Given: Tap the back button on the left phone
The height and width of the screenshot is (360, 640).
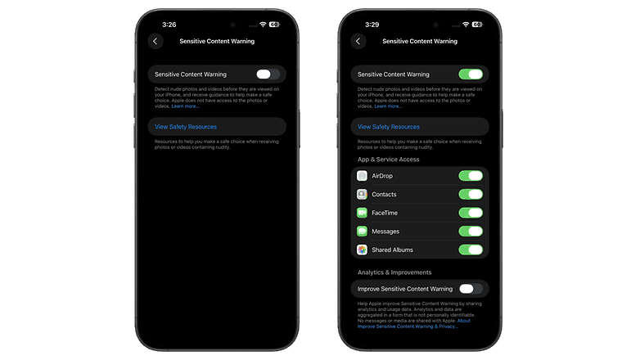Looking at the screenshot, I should pyautogui.click(x=155, y=41).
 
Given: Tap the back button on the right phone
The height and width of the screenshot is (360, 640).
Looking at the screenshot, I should pyautogui.click(x=358, y=41).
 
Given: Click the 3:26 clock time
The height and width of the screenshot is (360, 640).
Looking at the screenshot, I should pyautogui.click(x=169, y=25).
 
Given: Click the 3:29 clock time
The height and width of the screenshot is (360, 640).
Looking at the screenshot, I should pyautogui.click(x=372, y=25).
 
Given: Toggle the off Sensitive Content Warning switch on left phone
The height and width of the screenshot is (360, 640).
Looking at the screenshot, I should pyautogui.click(x=268, y=74).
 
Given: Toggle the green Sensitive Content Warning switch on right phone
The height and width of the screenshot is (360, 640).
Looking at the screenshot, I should pyautogui.click(x=471, y=74).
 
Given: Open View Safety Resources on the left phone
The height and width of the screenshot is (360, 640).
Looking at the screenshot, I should pyautogui.click(x=185, y=127).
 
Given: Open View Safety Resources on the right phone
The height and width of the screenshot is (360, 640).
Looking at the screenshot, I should pyautogui.click(x=389, y=127).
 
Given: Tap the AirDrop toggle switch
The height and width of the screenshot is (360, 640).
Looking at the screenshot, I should pyautogui.click(x=471, y=176).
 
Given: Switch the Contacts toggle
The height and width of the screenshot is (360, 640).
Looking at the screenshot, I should pyautogui.click(x=471, y=195).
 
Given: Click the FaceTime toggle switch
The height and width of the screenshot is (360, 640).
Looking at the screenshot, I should pyautogui.click(x=471, y=213).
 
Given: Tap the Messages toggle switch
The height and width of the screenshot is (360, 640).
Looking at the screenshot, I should pyautogui.click(x=471, y=232).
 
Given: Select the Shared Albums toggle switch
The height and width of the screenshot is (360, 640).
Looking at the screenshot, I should pyautogui.click(x=471, y=250).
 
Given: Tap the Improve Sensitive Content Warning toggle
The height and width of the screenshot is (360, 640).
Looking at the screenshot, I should pyautogui.click(x=471, y=289).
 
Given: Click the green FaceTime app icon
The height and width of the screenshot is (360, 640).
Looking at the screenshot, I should pyautogui.click(x=362, y=213).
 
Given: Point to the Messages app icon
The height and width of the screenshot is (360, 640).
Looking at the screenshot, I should pyautogui.click(x=362, y=232).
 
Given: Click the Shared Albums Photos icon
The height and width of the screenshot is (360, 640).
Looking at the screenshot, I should pyautogui.click(x=362, y=250).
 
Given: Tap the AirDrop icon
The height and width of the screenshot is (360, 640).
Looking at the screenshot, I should pyautogui.click(x=362, y=176).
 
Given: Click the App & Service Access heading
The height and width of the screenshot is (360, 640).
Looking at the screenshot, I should pyautogui.click(x=388, y=160).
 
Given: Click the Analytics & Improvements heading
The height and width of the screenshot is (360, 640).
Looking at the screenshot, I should pyautogui.click(x=394, y=272).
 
